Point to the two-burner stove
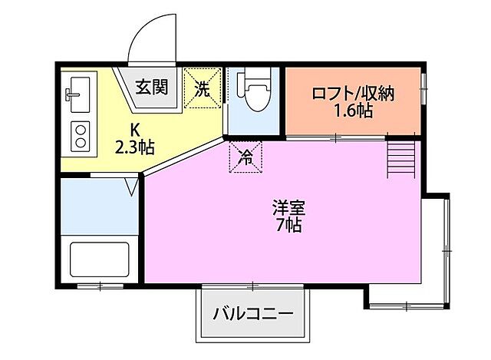79,135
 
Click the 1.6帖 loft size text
353,112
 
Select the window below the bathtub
101,286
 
